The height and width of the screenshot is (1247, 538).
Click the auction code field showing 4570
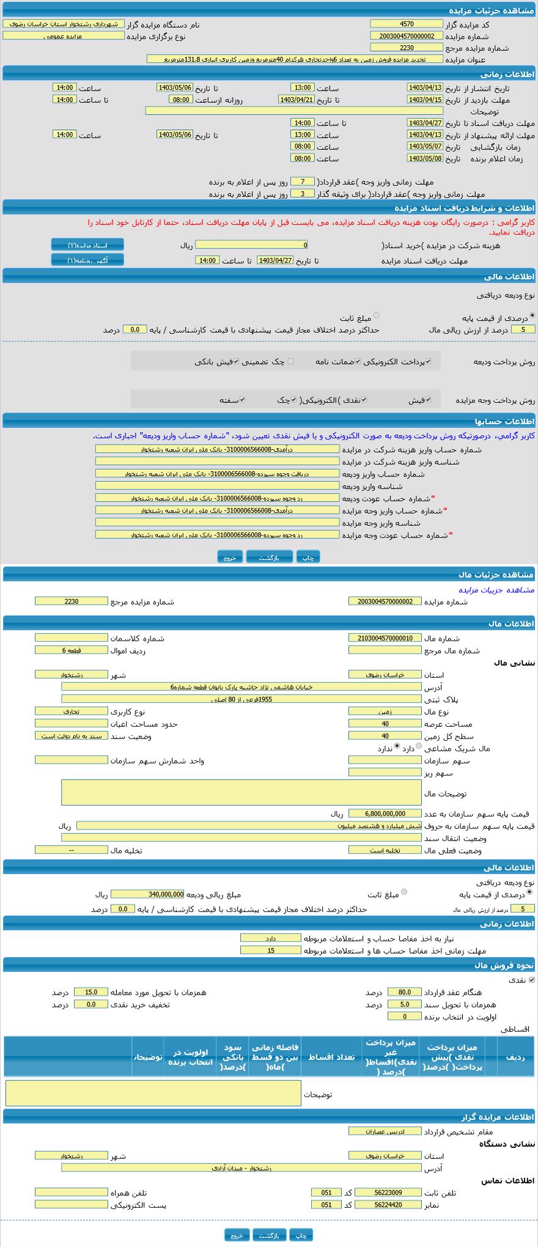pyautogui.click(x=406, y=24)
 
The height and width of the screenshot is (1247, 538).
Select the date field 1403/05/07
pyautogui.click(x=424, y=147)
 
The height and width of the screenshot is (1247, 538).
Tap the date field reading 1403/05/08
pyautogui.click(x=424, y=158)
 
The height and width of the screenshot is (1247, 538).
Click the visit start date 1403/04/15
pyautogui.click(x=424, y=100)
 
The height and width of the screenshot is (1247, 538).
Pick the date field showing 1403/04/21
pyautogui.click(x=296, y=100)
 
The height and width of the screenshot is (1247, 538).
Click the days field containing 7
pyautogui.click(x=302, y=182)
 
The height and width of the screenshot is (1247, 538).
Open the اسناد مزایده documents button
pyautogui.click(x=87, y=245)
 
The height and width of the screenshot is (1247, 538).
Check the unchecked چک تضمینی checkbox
pyautogui.click(x=290, y=361)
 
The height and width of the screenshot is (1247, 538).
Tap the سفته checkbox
pyautogui.click(x=242, y=400)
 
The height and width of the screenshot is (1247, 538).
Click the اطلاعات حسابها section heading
pyautogui.click(x=504, y=421)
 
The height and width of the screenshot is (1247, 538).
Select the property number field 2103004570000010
pyautogui.click(x=385, y=638)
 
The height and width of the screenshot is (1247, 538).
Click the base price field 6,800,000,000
pyautogui.click(x=385, y=814)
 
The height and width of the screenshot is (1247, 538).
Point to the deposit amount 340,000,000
pyautogui.click(x=147, y=894)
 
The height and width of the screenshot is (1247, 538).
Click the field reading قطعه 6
pyautogui.click(x=71, y=650)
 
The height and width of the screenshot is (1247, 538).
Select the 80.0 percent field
pyautogui.click(x=404, y=992)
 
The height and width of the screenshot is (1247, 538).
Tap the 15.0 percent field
pyautogui.click(x=90, y=992)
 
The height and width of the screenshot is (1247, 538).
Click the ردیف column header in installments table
pyautogui.click(x=515, y=1056)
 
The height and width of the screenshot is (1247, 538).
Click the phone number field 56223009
pyautogui.click(x=388, y=1193)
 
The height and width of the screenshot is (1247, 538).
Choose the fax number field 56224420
pyautogui.click(x=388, y=1205)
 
